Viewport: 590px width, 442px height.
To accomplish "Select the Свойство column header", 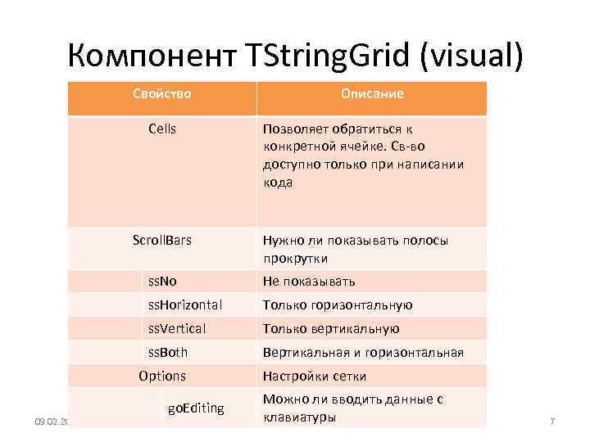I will tap(162, 94).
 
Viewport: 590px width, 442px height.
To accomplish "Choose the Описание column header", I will tap(373, 94).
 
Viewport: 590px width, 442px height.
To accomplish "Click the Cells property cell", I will tap(162, 129).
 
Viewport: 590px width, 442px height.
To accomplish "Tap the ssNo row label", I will tap(162, 281).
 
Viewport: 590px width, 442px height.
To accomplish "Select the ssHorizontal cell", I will tap(184, 304).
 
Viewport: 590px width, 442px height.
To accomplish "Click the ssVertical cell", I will tap(176, 328).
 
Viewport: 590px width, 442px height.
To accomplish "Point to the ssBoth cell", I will tap(167, 352).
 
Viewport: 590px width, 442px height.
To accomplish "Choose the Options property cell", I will tap(162, 377).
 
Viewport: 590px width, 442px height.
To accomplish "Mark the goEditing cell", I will tap(196, 408).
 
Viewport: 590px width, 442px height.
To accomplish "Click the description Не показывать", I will tap(309, 281).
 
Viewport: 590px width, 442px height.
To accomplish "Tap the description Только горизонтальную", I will tap(338, 304).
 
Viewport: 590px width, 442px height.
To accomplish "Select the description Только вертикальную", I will tap(331, 328).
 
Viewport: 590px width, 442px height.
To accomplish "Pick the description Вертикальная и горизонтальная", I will tap(363, 352).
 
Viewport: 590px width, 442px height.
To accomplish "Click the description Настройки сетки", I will tap(315, 377).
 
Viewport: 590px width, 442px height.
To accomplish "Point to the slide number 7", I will tap(552, 422).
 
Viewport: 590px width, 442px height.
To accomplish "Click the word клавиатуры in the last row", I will tap(299, 417).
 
